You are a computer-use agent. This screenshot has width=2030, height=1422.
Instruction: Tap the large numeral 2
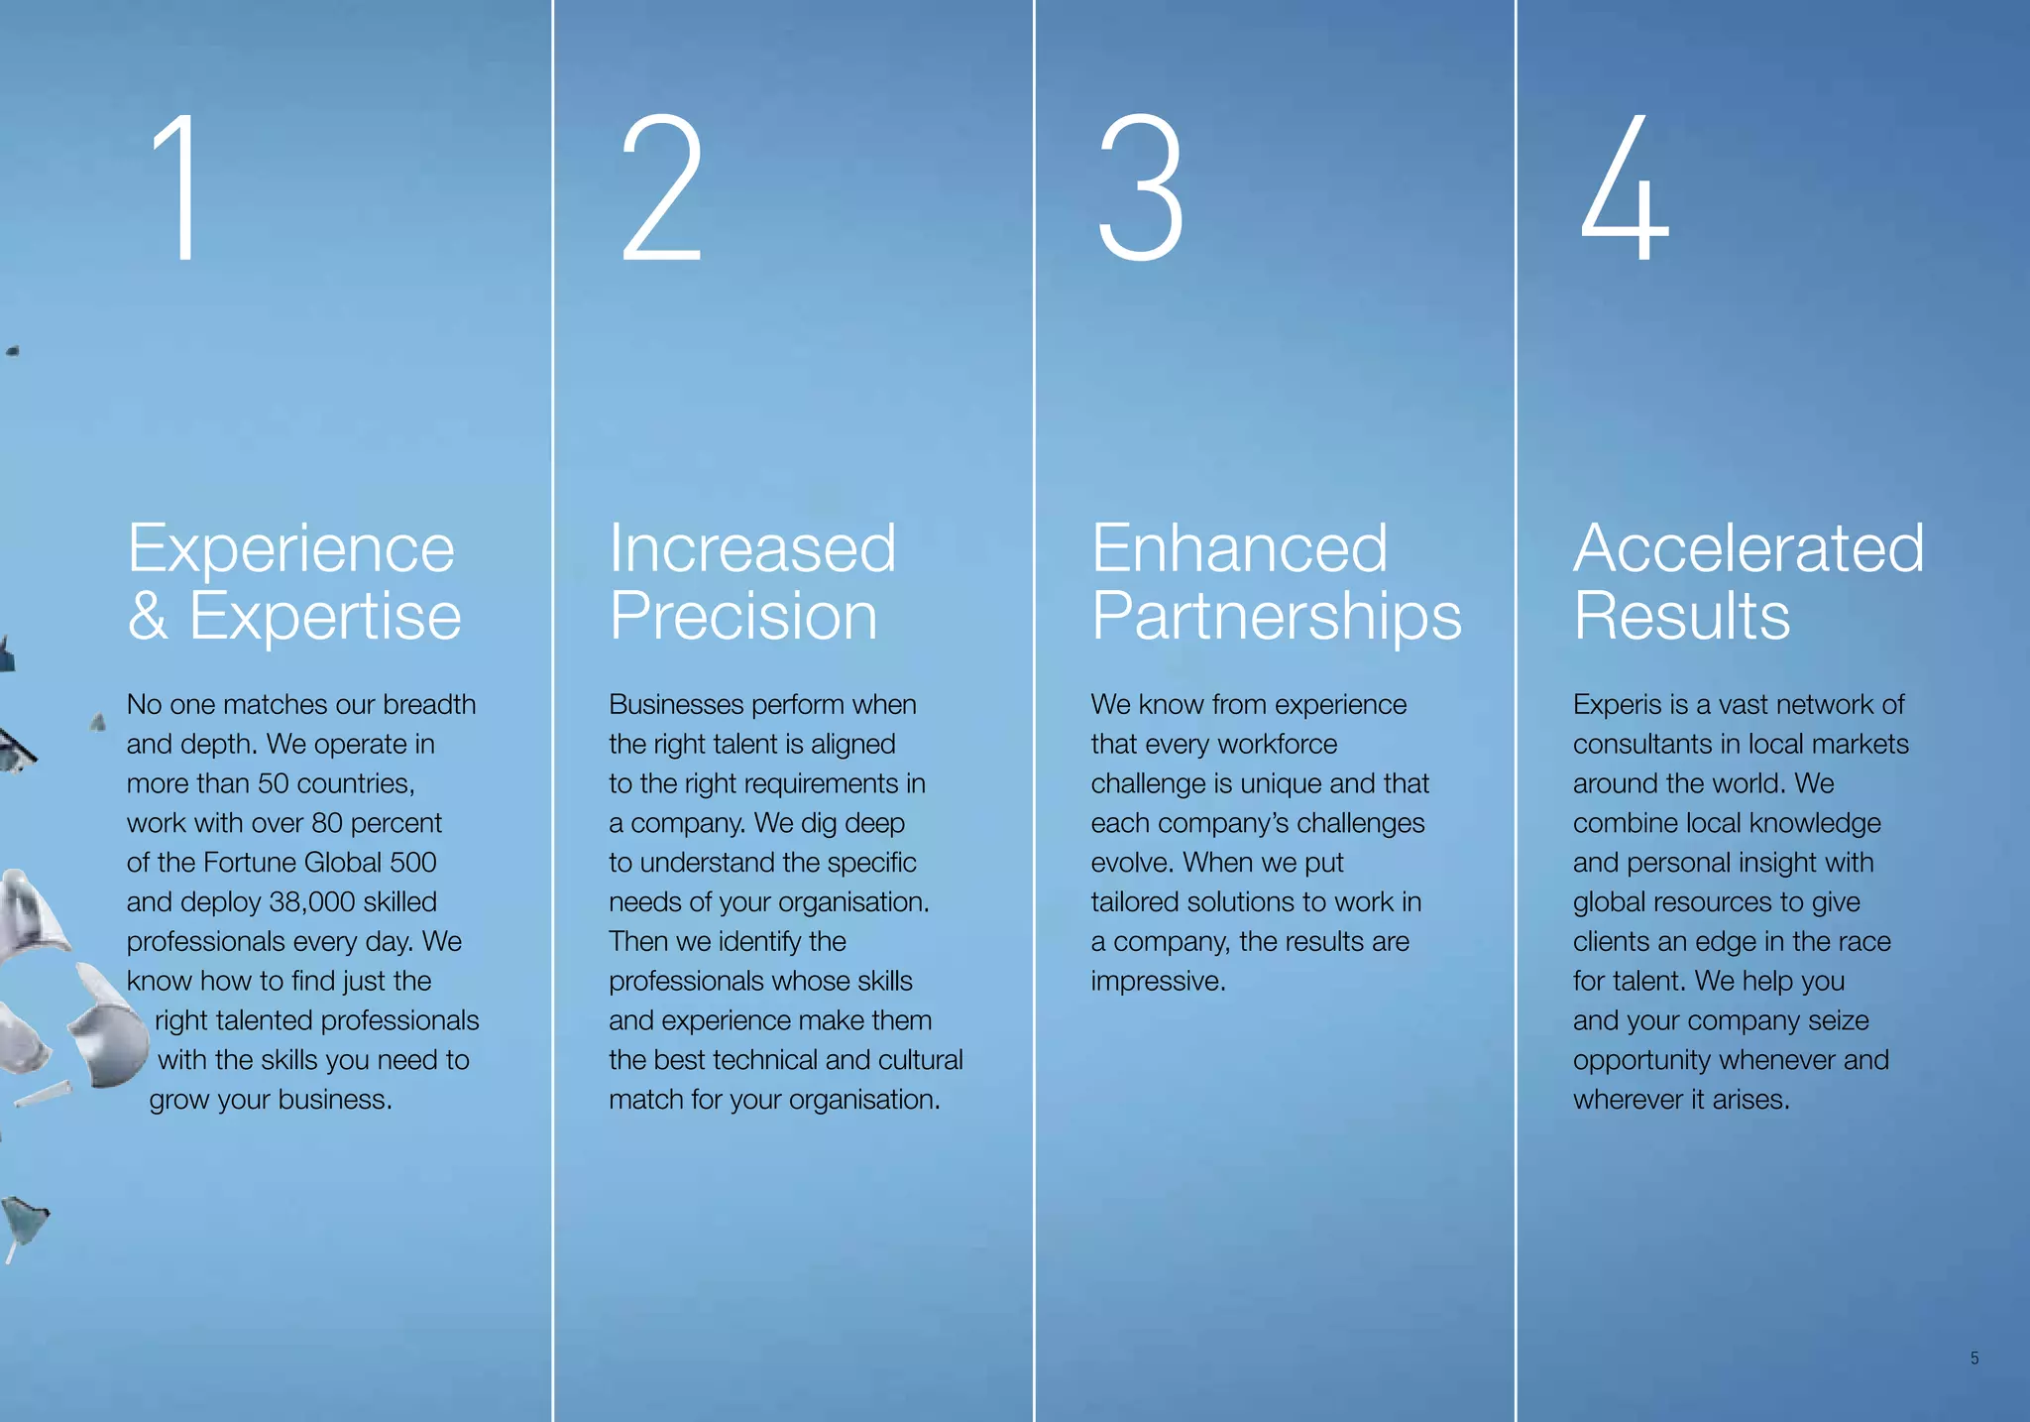(x=661, y=187)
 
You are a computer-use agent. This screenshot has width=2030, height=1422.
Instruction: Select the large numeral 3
(x=1141, y=187)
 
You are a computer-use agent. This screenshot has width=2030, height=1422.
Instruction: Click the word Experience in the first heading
(x=290, y=548)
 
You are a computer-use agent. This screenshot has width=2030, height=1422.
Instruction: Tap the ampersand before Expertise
(x=147, y=616)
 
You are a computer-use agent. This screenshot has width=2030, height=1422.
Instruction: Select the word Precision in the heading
(x=743, y=616)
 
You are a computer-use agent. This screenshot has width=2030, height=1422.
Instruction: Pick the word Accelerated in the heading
(x=1748, y=548)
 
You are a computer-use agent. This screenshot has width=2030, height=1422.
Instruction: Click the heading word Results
(x=1681, y=616)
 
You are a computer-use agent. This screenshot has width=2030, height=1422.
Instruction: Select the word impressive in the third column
(x=1158, y=981)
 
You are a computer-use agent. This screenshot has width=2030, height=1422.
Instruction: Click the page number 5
(x=1974, y=1358)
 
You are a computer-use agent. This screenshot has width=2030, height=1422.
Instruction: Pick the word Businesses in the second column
(x=676, y=704)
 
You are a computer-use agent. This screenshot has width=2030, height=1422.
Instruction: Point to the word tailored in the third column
(x=1136, y=901)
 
